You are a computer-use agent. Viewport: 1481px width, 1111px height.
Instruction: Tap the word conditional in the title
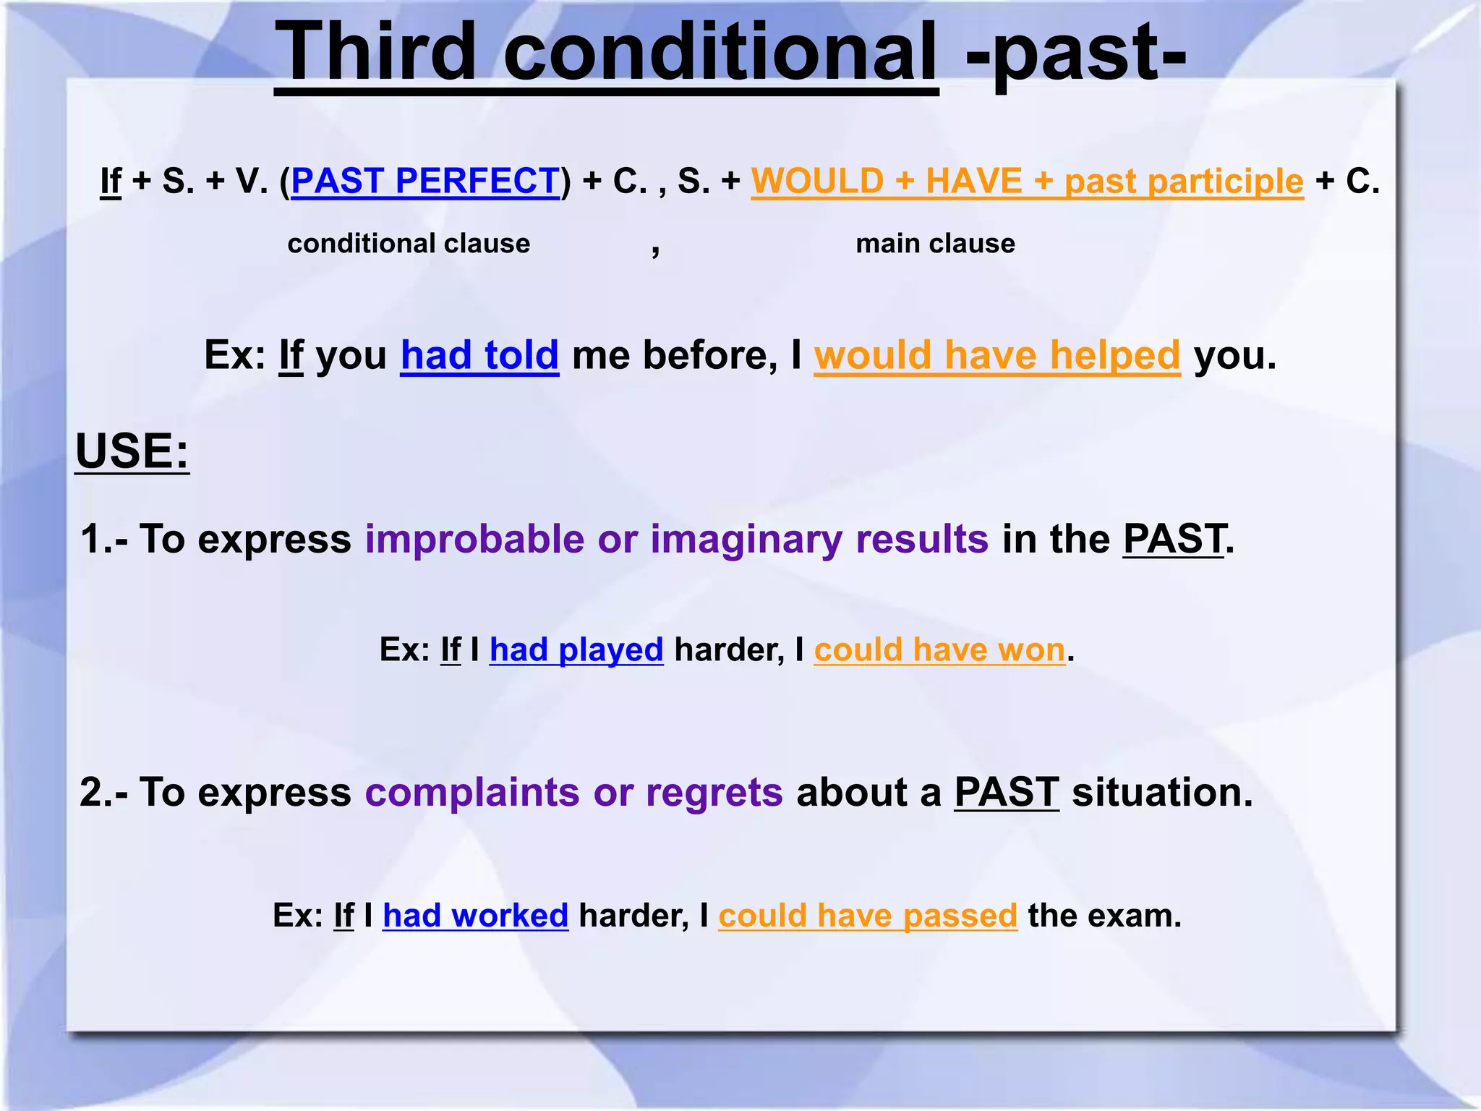click(x=720, y=52)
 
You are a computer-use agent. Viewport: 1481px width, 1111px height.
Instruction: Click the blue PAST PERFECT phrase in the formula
click(x=425, y=181)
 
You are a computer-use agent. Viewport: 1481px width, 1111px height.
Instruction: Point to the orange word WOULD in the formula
click(x=817, y=181)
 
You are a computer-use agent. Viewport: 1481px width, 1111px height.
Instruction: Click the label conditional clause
click(x=409, y=244)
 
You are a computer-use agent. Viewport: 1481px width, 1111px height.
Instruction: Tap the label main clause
click(x=935, y=244)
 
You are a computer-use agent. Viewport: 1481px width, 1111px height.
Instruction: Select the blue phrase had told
click(x=479, y=355)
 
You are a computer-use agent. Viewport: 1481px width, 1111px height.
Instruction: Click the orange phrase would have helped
click(x=996, y=355)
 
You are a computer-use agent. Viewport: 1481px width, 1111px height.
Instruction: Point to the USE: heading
click(x=132, y=451)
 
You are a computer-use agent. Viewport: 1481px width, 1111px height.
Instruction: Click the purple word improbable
click(x=474, y=540)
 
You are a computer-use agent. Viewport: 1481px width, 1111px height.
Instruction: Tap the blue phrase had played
click(x=576, y=650)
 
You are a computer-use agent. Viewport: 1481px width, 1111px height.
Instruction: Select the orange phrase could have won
click(x=939, y=650)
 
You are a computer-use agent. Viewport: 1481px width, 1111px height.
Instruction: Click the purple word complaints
click(x=471, y=793)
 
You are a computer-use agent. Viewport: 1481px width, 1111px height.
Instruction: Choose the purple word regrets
click(x=714, y=793)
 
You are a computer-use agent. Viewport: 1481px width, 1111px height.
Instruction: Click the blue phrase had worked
click(x=475, y=916)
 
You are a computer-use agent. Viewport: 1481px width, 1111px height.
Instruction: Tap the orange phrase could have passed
click(x=868, y=916)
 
